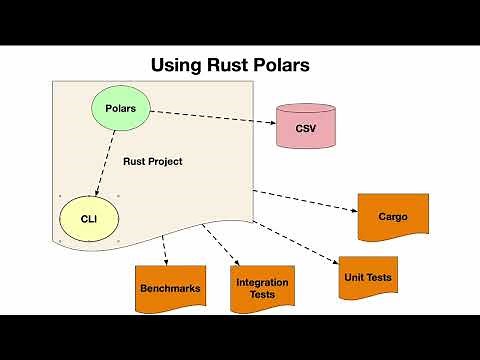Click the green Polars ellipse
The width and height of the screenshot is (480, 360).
tap(121, 107)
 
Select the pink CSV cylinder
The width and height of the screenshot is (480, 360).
tap(305, 128)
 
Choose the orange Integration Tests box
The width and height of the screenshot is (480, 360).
tap(262, 288)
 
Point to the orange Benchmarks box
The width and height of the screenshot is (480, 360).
tap(170, 288)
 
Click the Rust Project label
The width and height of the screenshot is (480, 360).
tap(153, 161)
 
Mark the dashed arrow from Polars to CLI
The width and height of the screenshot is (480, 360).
tap(107, 161)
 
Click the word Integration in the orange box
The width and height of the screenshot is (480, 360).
tap(262, 282)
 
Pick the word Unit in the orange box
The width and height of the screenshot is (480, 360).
tap(353, 277)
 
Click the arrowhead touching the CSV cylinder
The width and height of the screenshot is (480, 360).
tap(272, 124)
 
